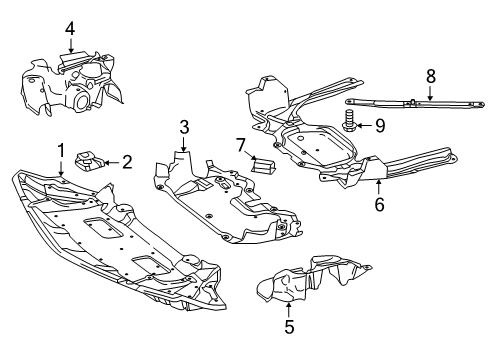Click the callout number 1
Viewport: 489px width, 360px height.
(x=61, y=151)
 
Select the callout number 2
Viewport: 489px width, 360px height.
(x=127, y=162)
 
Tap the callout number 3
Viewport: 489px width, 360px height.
(x=184, y=127)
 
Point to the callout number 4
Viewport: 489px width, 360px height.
(x=70, y=29)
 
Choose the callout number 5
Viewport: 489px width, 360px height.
(x=289, y=327)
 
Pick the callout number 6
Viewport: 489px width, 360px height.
(x=379, y=204)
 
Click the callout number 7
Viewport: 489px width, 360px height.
(x=241, y=145)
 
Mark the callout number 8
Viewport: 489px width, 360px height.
(x=431, y=76)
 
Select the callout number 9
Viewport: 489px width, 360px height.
(x=380, y=126)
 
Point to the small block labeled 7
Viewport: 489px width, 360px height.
(x=263, y=166)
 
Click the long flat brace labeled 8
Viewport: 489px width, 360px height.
(x=415, y=103)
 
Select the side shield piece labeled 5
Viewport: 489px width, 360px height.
(x=312, y=280)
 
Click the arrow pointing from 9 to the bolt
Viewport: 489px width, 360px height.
(x=364, y=126)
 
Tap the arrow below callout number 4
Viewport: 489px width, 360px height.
(x=70, y=45)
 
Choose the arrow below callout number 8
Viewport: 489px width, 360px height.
(x=430, y=93)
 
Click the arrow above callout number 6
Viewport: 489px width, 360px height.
(x=379, y=187)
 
